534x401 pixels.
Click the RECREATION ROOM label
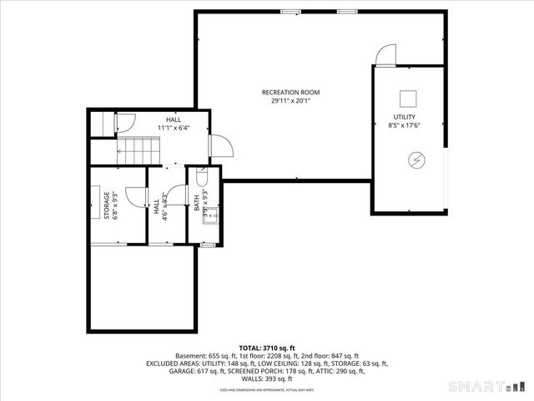tap(290, 93)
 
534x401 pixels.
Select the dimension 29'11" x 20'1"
tap(290, 101)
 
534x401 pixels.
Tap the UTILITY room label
tap(405, 117)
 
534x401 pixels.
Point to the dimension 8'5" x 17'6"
tap(405, 125)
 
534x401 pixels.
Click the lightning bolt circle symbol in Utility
tap(416, 160)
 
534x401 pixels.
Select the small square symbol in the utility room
tap(408, 96)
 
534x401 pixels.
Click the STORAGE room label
tap(107, 205)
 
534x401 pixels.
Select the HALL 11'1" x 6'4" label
tap(173, 124)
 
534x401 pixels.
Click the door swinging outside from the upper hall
tap(219, 148)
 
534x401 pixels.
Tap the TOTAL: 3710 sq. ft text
tap(267, 348)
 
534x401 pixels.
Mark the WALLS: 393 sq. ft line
tap(267, 380)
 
